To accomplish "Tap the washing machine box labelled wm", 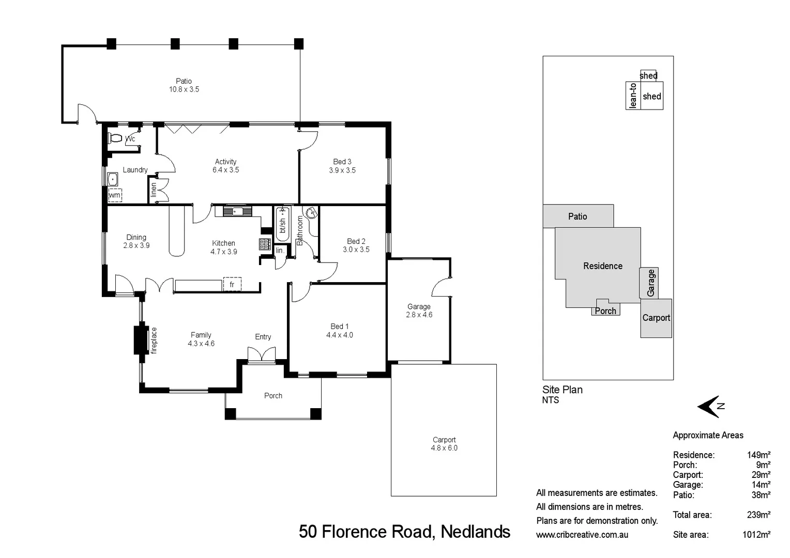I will (115, 195).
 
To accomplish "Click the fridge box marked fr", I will (232, 285).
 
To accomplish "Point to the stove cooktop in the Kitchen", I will (265, 244).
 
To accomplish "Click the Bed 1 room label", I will (340, 327).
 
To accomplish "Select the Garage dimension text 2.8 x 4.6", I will (419, 315).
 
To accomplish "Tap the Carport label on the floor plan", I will (444, 440).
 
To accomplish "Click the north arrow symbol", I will (710, 407).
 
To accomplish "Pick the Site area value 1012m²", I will (756, 535).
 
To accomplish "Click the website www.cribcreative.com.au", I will (582, 535).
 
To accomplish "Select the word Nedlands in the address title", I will (475, 532).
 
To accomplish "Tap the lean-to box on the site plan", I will (633, 96).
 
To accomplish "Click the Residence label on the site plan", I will (603, 266).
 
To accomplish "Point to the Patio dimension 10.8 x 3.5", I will (184, 89).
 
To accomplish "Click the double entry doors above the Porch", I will (262, 354).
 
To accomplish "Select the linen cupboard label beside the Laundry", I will (154, 190).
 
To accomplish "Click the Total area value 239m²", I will (758, 515).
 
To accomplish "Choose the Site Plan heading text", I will (563, 390).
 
